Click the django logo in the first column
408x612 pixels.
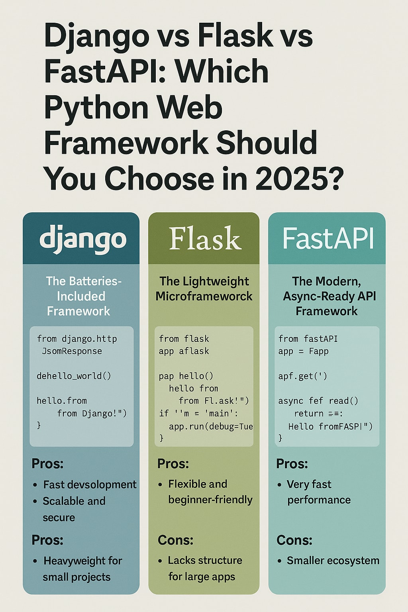83,239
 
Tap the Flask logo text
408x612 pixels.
205,239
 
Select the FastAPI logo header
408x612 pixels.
328,239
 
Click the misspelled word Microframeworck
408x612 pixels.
204,296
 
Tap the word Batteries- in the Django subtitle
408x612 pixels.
84,281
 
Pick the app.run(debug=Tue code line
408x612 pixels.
211,426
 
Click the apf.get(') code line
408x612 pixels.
303,376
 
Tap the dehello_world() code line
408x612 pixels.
74,376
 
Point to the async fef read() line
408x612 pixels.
318,401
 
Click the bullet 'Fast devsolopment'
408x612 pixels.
90,484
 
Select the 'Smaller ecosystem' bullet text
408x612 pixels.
333,561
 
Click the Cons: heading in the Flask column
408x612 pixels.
175,540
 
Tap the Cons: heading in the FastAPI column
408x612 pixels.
294,540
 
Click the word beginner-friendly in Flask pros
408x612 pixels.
210,500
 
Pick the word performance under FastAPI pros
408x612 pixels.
319,500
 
